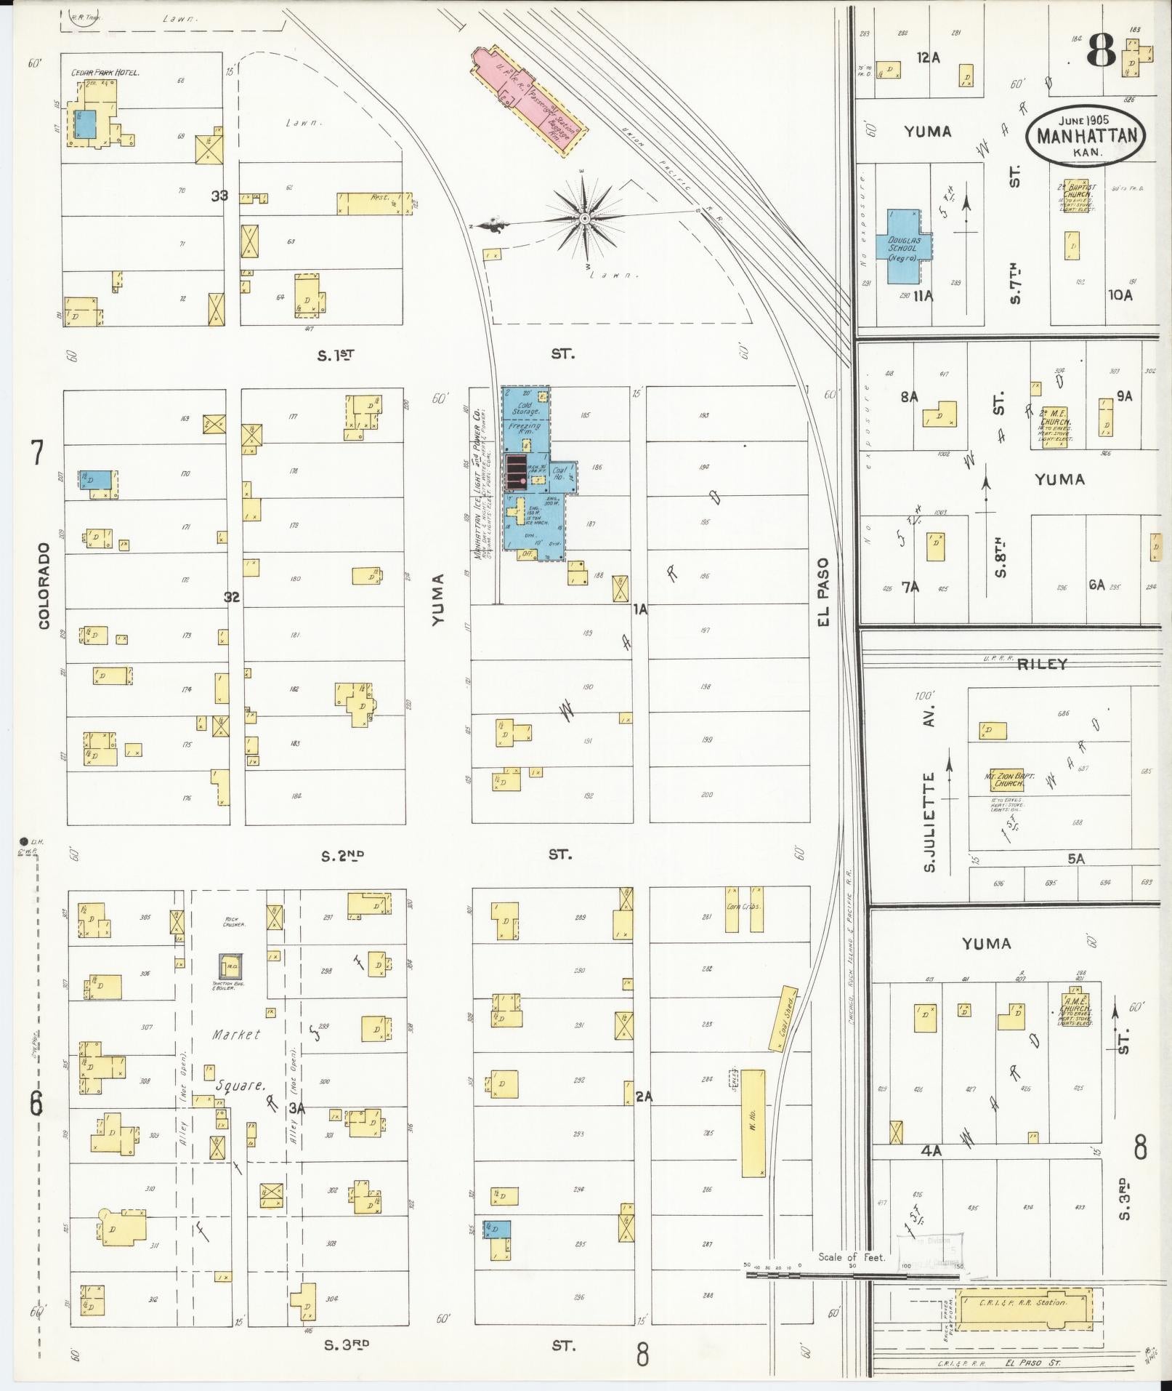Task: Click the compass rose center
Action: [x=585, y=217]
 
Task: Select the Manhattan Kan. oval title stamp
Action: [x=1086, y=136]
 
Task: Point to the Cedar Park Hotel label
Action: [x=105, y=73]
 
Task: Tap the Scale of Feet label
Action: [x=852, y=1257]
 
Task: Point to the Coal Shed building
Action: [x=783, y=1017]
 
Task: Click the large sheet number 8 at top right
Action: [x=1101, y=51]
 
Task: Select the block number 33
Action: [x=219, y=196]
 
